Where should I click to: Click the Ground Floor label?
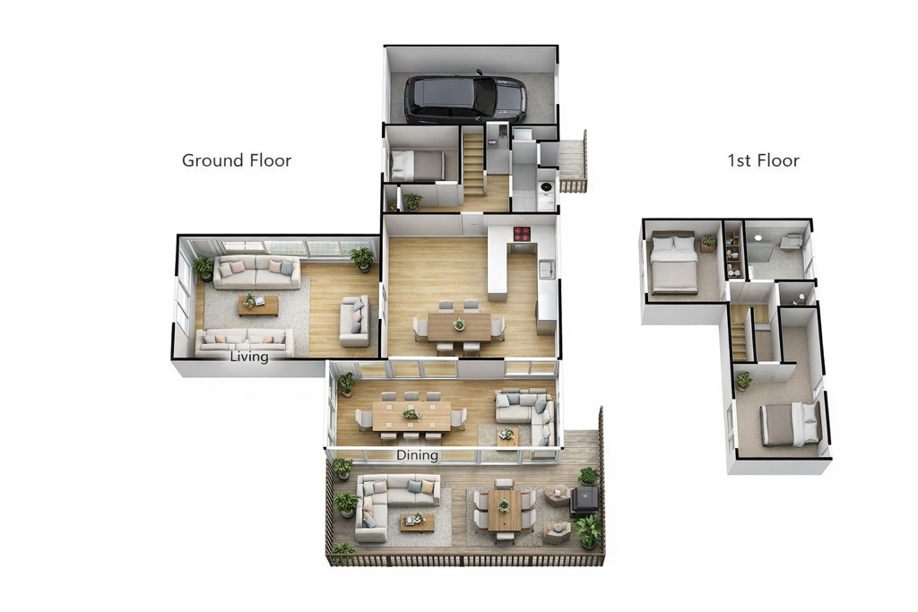(237, 160)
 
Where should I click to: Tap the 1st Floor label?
(763, 160)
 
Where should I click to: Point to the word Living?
(249, 357)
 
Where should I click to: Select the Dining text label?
(417, 455)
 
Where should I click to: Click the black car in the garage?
(465, 98)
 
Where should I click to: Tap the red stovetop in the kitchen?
(522, 234)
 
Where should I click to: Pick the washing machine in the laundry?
(546, 187)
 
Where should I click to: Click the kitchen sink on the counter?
(547, 270)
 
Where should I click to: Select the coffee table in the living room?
(257, 305)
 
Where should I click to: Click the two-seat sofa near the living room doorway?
(355, 321)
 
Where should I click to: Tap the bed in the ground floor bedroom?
(418, 165)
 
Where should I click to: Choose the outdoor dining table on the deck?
(504, 510)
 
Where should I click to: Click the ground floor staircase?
(473, 165)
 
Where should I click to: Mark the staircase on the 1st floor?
(740, 333)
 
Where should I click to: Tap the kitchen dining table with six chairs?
(459, 326)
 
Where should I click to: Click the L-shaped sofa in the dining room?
(525, 415)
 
